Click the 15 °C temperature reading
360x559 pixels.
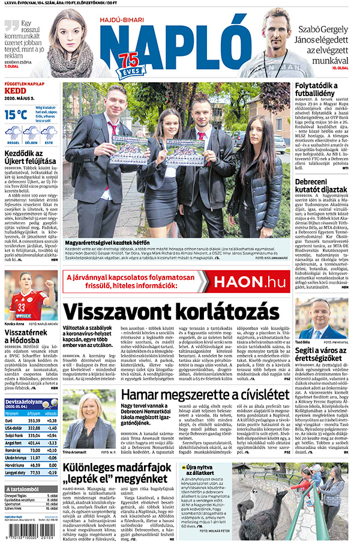(16, 113)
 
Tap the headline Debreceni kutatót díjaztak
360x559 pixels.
(320, 185)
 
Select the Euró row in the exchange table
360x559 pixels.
(30, 420)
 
